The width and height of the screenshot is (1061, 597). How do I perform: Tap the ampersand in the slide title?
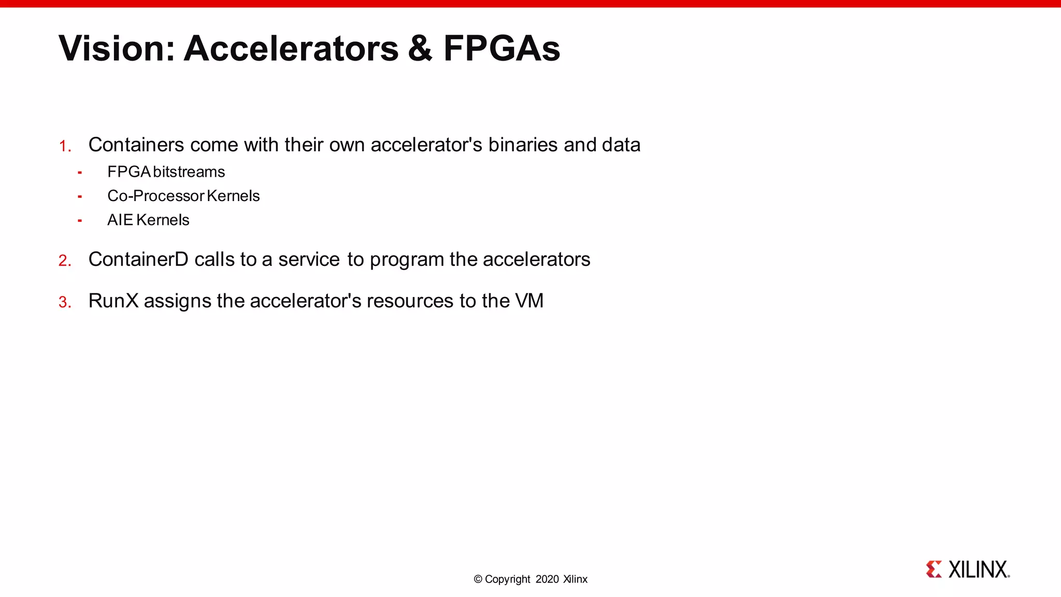tap(420, 48)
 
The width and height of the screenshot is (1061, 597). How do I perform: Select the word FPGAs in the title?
tap(501, 48)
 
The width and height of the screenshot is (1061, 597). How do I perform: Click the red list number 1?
tap(64, 146)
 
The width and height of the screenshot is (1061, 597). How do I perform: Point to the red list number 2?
tap(64, 260)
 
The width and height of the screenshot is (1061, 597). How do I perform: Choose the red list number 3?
tap(64, 302)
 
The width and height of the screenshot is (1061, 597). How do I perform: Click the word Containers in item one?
tap(136, 145)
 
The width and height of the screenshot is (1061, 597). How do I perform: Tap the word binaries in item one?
tap(523, 145)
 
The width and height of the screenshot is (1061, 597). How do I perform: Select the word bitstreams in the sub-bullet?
tap(189, 172)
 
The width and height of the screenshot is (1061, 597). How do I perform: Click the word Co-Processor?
tap(156, 196)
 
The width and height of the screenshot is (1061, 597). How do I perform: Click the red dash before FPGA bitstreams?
tap(80, 173)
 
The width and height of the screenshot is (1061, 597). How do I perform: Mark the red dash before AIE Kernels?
tap(80, 221)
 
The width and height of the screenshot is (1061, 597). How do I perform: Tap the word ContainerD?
tap(138, 259)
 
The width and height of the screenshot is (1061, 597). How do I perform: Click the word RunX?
tap(113, 301)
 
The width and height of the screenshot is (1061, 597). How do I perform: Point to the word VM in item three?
tap(529, 301)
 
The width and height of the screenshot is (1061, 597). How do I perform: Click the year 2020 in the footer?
tap(547, 579)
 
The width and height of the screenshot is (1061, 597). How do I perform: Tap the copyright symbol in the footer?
tap(478, 579)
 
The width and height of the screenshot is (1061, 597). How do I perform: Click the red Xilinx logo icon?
tap(934, 569)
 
